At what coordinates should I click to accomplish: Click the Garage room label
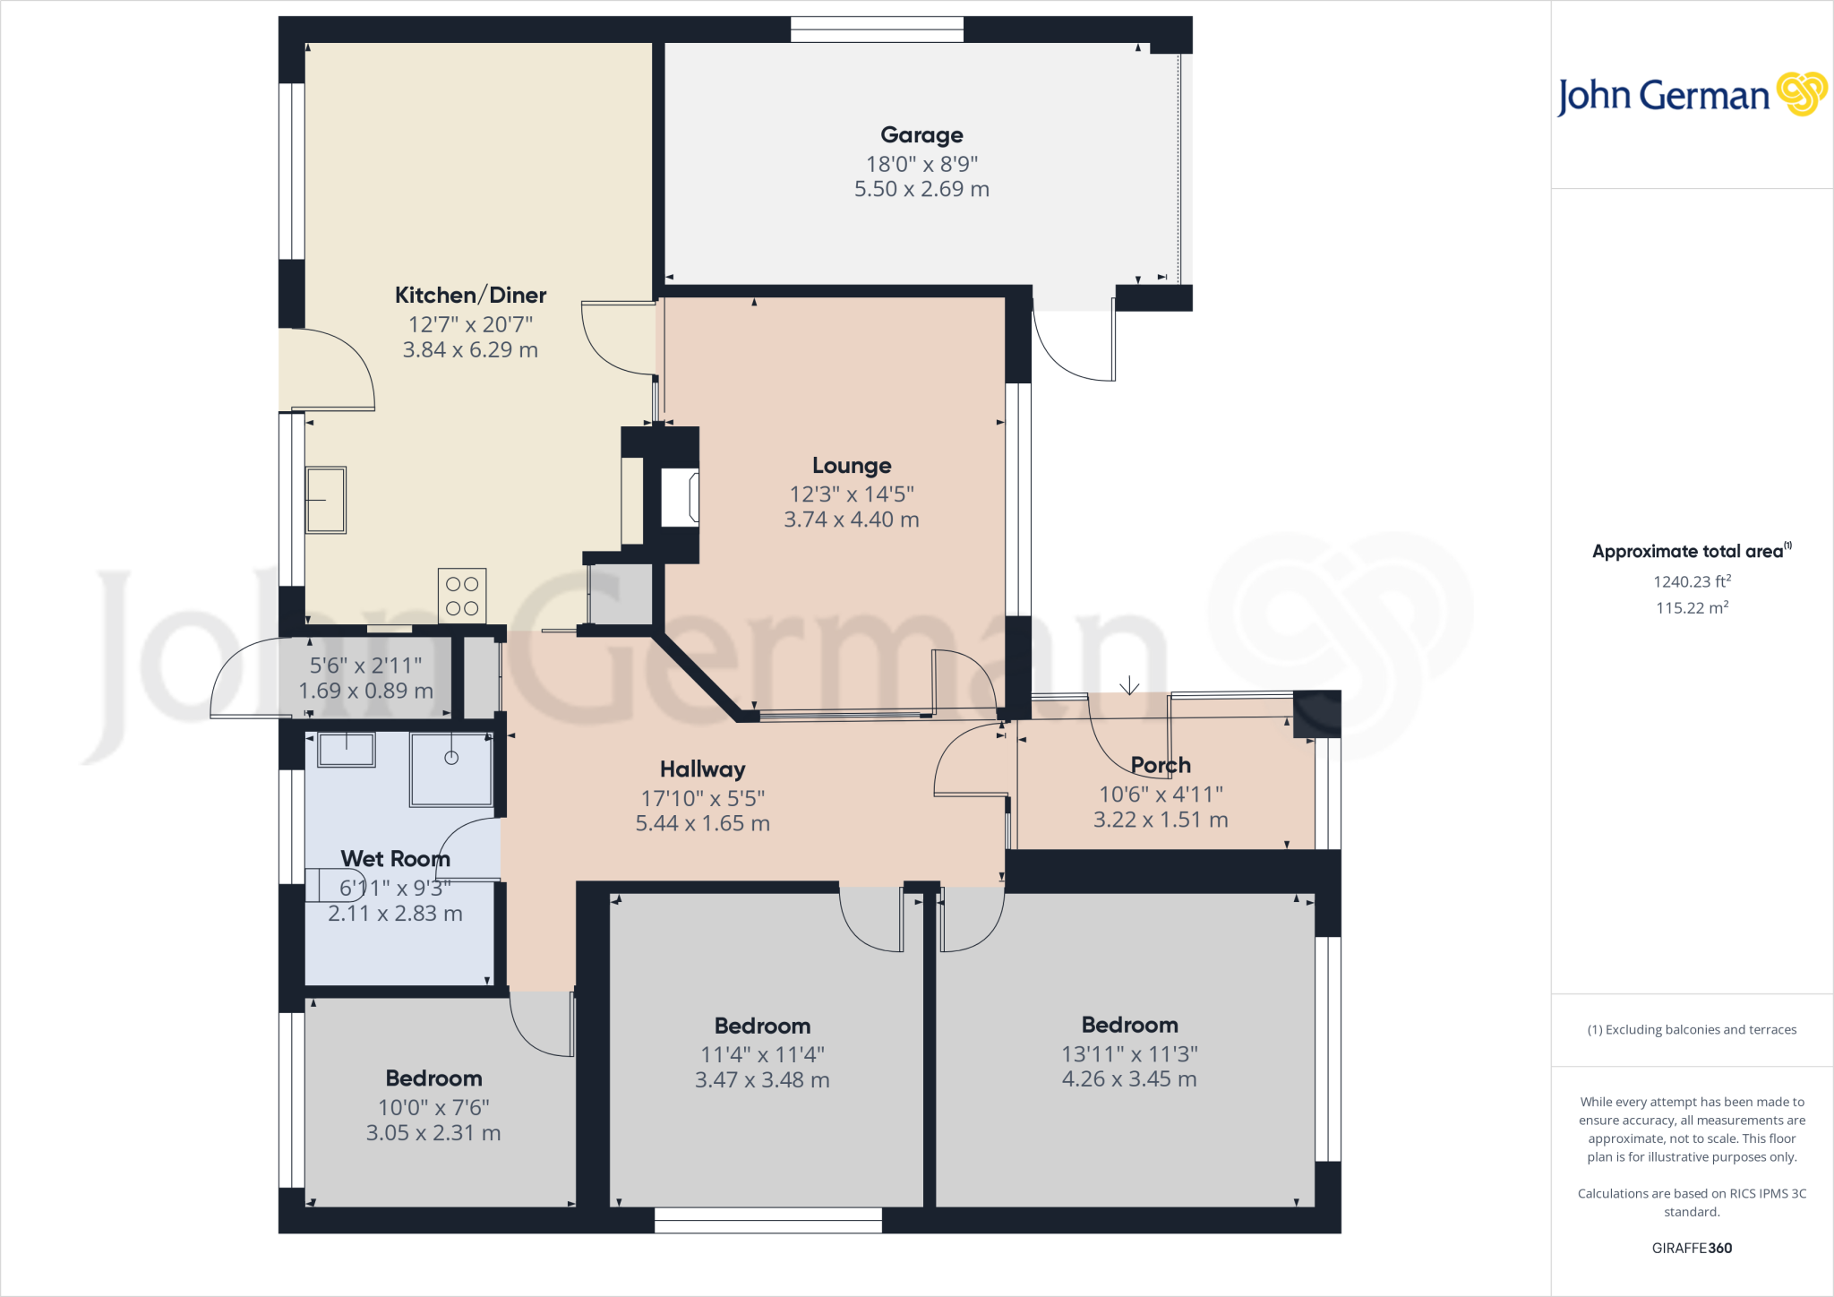921,135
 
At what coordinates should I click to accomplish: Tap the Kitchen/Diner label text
470,296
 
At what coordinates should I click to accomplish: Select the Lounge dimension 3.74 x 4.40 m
852,520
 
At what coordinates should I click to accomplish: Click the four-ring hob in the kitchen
462,596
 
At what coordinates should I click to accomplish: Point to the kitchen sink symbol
326,500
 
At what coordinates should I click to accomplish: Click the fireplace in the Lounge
680,498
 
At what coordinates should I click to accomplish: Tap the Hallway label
702,769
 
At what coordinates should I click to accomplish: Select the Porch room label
1161,765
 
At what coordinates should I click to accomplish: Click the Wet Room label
395,859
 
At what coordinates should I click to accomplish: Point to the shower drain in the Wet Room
451,758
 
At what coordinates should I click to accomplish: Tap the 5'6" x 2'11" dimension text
365,666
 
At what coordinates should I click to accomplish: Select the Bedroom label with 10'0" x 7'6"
433,1078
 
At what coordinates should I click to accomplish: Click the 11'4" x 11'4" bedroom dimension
762,1054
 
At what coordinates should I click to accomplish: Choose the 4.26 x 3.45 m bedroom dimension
1129,1079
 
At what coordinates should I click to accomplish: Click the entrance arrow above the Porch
1129,685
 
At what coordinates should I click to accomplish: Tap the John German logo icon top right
1801,94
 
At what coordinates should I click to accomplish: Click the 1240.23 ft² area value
1692,582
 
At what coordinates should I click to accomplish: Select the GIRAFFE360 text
1692,1248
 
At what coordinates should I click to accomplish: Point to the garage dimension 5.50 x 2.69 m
921,189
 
